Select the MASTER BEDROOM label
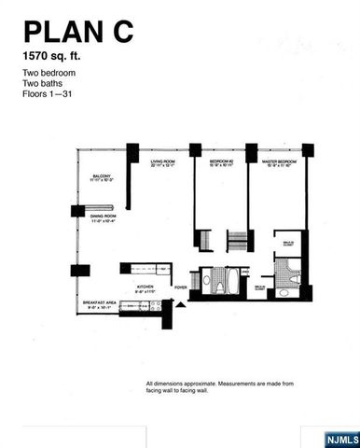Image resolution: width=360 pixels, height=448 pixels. pyautogui.click(x=279, y=163)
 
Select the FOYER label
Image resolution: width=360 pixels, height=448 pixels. pyautogui.click(x=181, y=287)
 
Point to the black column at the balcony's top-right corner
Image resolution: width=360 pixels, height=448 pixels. pyautogui.click(x=133, y=151)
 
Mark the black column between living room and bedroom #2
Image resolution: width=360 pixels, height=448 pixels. pyautogui.click(x=195, y=149)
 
